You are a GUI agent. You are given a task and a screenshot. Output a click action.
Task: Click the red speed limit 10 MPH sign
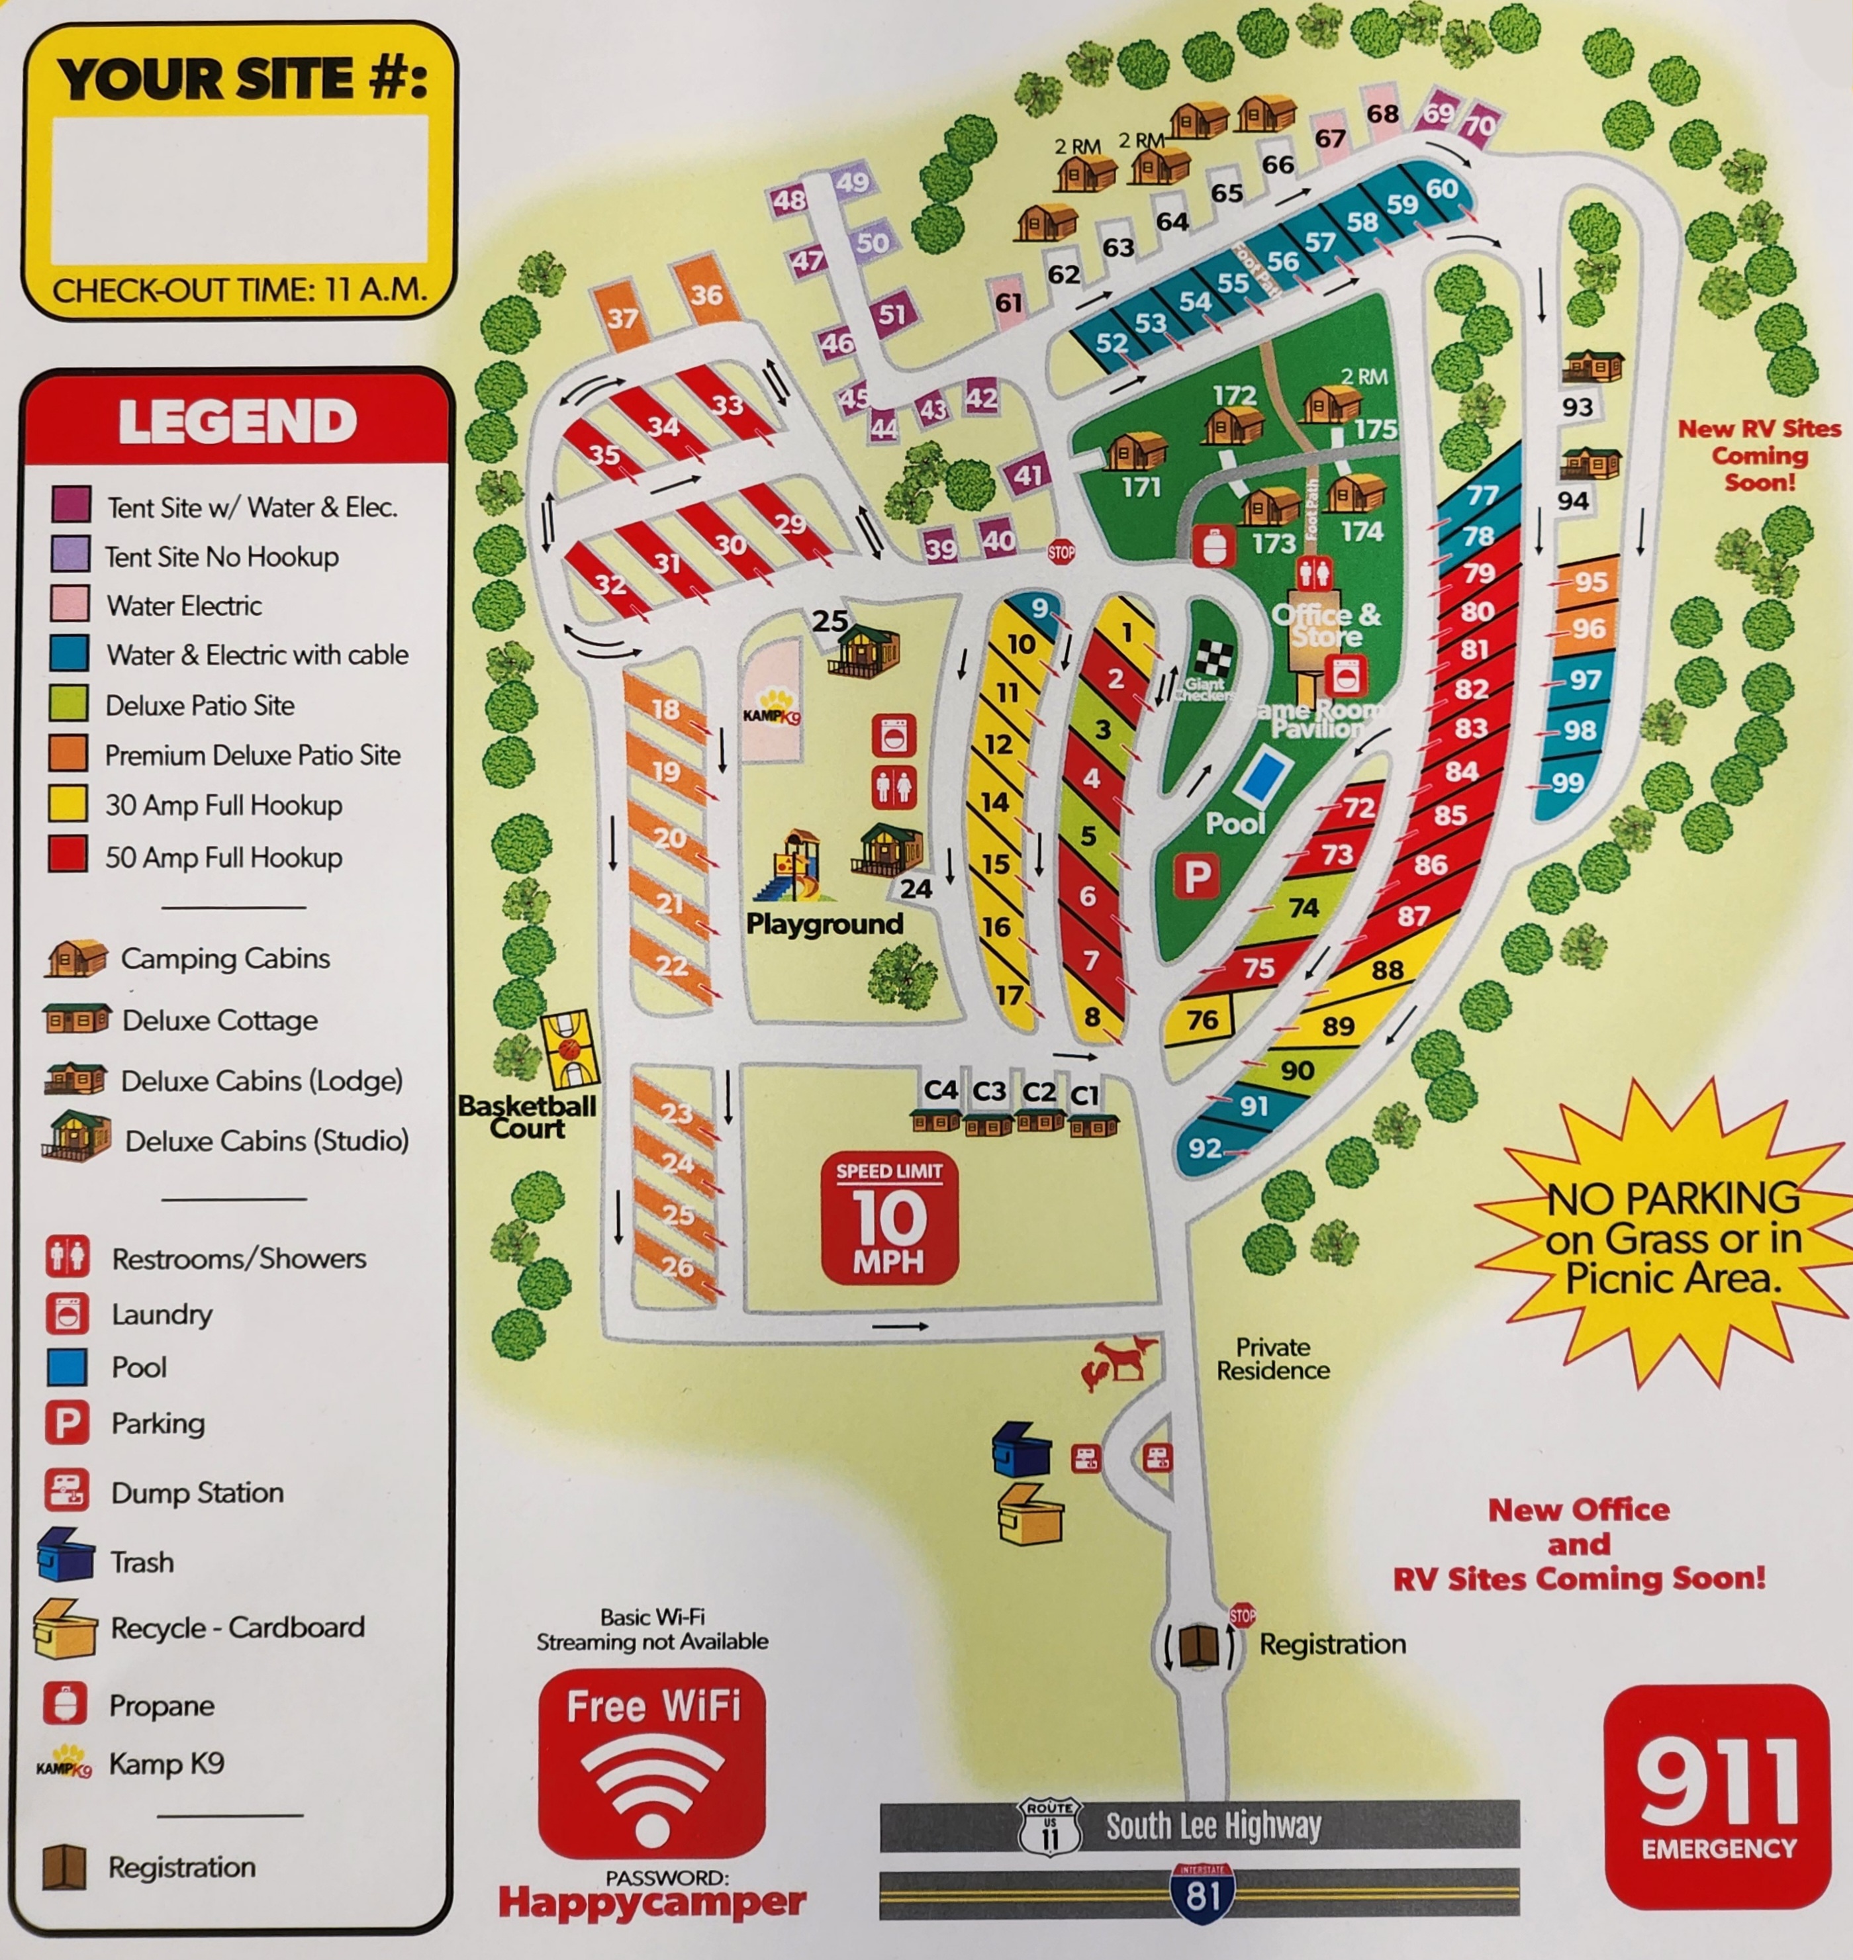click(x=889, y=1217)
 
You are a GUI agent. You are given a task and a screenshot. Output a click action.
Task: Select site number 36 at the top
click(x=706, y=295)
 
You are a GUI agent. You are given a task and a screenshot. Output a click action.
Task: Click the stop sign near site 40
click(x=1061, y=552)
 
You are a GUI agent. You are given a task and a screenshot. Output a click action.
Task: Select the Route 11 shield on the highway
click(x=1049, y=1828)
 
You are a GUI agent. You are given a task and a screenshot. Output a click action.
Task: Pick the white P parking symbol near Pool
click(x=1196, y=876)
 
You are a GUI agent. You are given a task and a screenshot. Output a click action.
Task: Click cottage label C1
click(x=1084, y=1094)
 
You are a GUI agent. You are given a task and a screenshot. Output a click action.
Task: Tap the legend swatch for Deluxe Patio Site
click(x=69, y=704)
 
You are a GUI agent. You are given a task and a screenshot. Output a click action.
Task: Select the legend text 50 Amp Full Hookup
click(x=223, y=857)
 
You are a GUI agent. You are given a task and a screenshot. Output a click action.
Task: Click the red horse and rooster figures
click(x=1117, y=1363)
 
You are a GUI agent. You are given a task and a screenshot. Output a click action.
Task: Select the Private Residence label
click(x=1272, y=1359)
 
